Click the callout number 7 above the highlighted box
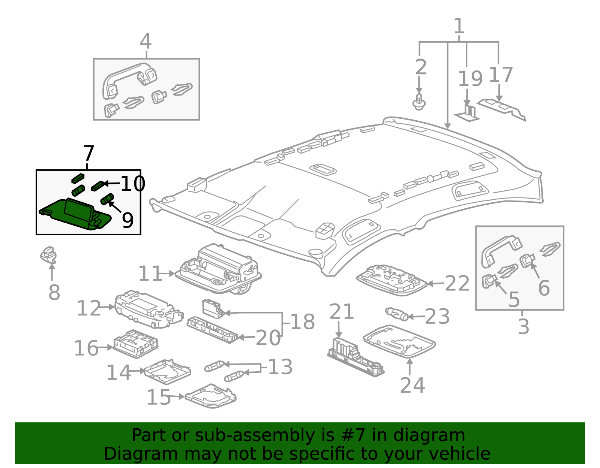point(88,153)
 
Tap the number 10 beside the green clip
point(133,184)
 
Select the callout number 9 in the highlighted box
point(127,220)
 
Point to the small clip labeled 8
point(49,255)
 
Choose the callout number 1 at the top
point(459,26)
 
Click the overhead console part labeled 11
point(218,269)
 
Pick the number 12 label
point(89,308)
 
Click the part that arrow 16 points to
point(136,344)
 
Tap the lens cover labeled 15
point(210,396)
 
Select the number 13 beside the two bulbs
point(280,367)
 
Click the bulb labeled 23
point(397,314)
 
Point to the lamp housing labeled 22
point(392,280)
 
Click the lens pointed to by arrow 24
point(399,341)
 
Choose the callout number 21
point(342,312)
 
